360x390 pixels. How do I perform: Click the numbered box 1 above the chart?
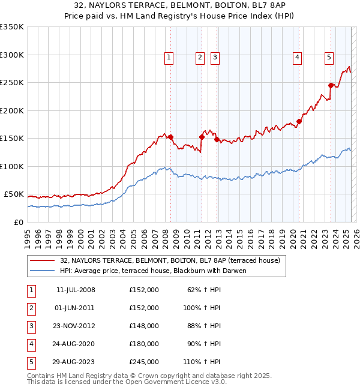click(x=169, y=58)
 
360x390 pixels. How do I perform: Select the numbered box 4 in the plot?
click(x=297, y=58)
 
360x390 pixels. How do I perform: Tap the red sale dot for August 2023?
click(x=331, y=85)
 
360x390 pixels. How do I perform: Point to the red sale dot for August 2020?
click(x=299, y=121)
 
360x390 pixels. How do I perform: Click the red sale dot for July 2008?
click(x=170, y=137)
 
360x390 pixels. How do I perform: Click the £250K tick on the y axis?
click(x=12, y=83)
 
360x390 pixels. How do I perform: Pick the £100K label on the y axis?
click(x=12, y=166)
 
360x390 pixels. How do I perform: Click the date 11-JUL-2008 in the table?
click(x=76, y=290)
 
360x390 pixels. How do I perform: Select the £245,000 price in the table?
click(x=144, y=362)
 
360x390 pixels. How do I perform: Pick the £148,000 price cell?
click(x=144, y=326)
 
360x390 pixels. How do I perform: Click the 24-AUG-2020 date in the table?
click(x=76, y=344)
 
